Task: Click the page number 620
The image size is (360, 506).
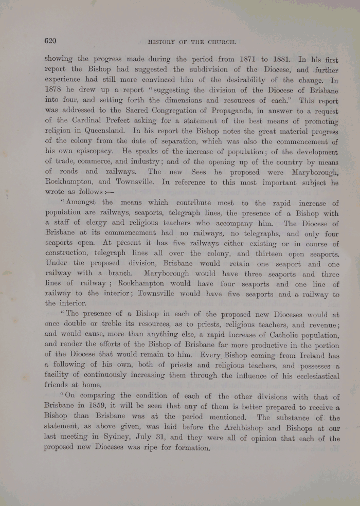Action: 51,41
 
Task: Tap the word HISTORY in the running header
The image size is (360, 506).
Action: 163,42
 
